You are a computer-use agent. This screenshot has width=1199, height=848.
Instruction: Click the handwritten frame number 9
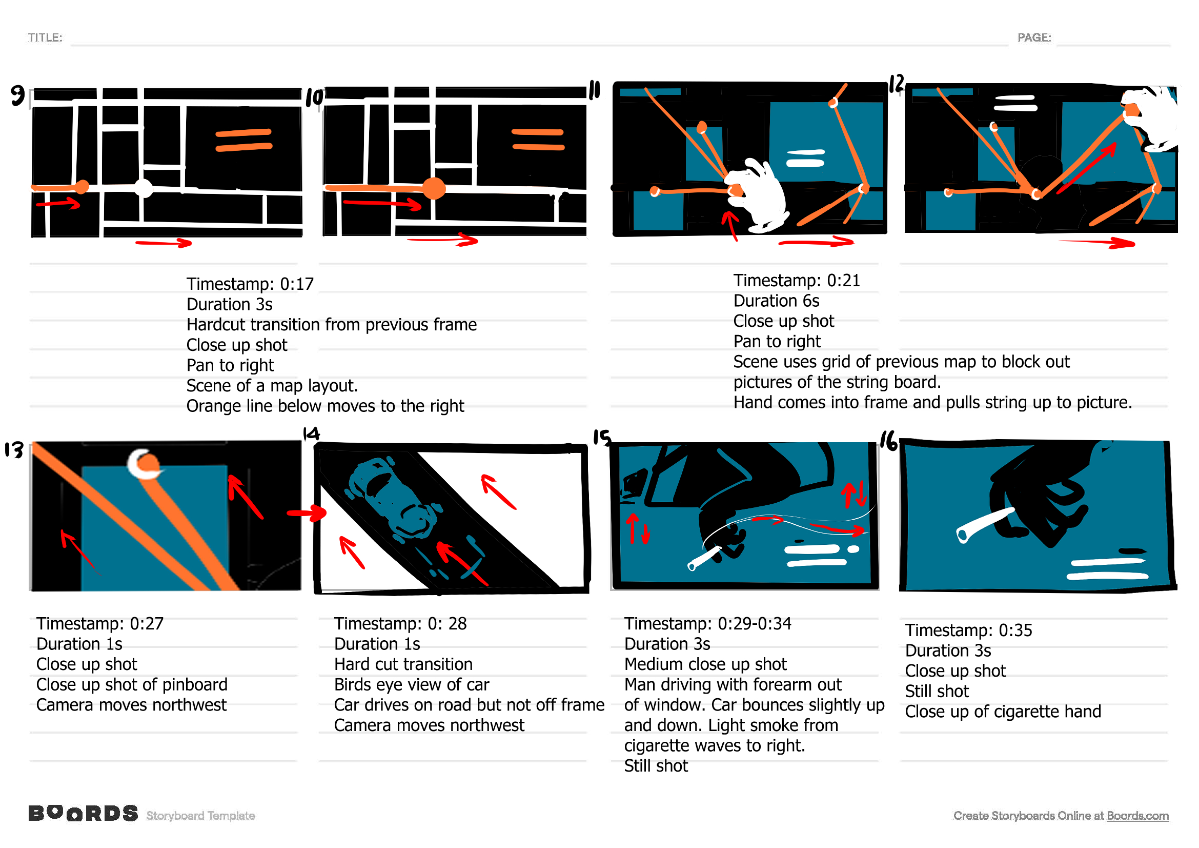pyautogui.click(x=18, y=95)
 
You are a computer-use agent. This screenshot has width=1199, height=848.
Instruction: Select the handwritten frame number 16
pyautogui.click(x=889, y=442)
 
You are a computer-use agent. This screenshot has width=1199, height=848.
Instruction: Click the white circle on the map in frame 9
pyautogui.click(x=144, y=188)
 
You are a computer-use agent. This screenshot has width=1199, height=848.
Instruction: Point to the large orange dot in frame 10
pyautogui.click(x=434, y=189)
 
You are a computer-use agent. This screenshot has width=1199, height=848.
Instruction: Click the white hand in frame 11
pyautogui.click(x=762, y=196)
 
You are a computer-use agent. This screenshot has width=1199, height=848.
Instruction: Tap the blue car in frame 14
pyautogui.click(x=394, y=499)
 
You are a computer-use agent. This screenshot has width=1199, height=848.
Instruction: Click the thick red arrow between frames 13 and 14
pyautogui.click(x=307, y=514)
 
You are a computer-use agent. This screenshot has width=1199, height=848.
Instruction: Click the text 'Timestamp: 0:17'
pyautogui.click(x=250, y=284)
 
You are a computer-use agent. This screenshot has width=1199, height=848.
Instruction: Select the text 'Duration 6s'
pyautogui.click(x=776, y=301)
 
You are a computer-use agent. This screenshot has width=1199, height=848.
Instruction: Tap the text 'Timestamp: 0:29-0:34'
pyautogui.click(x=707, y=624)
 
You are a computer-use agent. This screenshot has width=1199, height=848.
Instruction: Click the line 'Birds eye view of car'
pyautogui.click(x=412, y=685)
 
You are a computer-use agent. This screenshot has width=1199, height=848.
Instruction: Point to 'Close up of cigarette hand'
pyautogui.click(x=1003, y=712)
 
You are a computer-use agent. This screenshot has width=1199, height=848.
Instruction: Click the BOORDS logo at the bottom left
pyautogui.click(x=84, y=814)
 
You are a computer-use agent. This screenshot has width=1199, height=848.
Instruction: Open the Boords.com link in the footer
pyautogui.click(x=1137, y=816)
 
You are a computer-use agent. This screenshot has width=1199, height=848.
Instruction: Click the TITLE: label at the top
pyautogui.click(x=45, y=37)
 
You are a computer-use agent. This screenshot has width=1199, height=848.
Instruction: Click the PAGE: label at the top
pyautogui.click(x=1034, y=37)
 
